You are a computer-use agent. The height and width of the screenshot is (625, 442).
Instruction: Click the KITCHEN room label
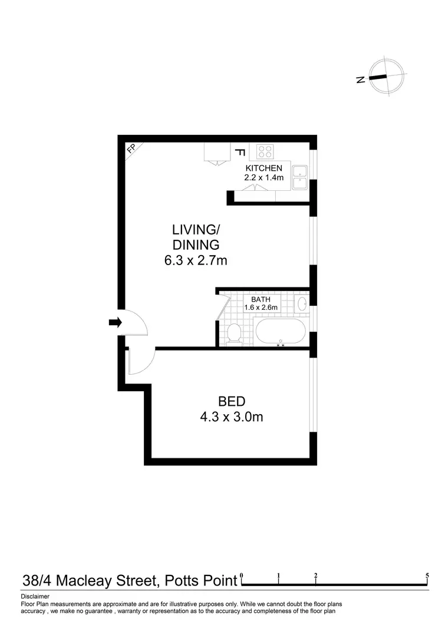265,168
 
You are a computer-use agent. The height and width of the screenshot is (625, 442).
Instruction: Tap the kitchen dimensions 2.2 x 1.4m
265,177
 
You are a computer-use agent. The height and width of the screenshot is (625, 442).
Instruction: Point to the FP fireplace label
131,150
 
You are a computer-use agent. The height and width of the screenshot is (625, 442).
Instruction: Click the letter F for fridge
239,152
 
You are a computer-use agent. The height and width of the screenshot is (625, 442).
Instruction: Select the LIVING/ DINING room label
196,237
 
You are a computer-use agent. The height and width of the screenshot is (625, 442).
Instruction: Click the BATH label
260,299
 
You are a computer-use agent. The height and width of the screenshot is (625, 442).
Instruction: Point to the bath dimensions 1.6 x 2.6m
260,307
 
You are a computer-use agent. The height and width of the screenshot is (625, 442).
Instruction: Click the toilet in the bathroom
234,333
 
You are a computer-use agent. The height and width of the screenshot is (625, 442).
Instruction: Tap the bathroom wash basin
301,305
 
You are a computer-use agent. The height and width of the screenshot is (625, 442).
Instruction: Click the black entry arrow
115,322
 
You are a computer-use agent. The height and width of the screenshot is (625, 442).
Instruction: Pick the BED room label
232,402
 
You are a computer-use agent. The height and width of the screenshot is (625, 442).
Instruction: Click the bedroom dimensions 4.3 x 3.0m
232,418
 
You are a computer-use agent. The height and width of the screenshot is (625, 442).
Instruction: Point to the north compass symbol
385,77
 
